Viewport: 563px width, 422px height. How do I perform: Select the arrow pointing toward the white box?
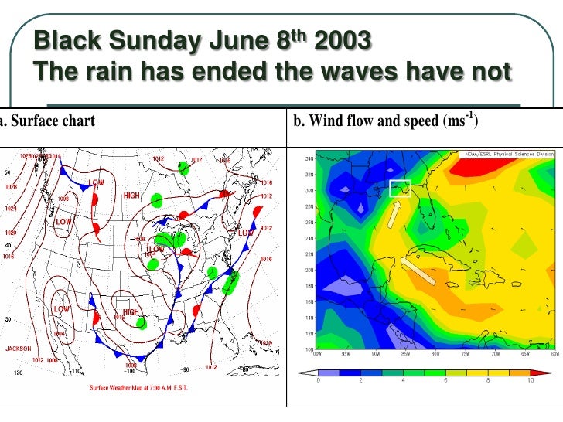tap(393, 215)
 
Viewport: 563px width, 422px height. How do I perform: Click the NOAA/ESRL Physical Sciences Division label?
tap(508, 154)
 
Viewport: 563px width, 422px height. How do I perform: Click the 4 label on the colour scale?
tap(402, 380)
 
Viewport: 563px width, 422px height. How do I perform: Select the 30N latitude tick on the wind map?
tap(309, 190)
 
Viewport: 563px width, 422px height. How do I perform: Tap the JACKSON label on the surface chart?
tap(19, 349)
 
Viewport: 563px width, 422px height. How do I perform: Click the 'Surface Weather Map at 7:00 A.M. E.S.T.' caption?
tap(135, 387)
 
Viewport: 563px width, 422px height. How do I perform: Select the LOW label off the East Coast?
tap(245, 233)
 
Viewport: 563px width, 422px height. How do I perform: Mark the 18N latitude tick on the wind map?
tap(309, 286)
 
